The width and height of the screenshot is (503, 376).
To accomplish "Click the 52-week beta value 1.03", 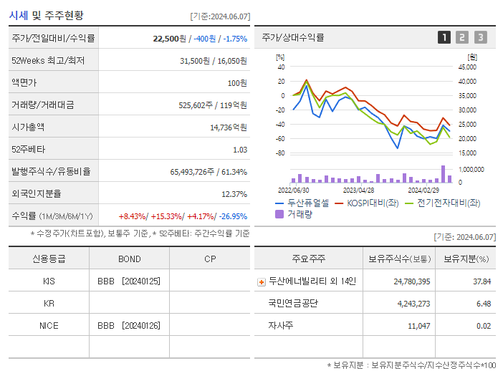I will coord(240,150).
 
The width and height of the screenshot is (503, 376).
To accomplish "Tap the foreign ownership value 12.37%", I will coord(234,193).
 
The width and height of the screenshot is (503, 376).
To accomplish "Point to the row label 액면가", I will coord(24,82).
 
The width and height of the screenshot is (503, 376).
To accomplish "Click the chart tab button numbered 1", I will coord(444,37).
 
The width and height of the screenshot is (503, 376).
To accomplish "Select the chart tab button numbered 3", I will coord(480,37).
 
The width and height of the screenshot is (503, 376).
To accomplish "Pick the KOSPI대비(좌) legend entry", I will coord(373,203).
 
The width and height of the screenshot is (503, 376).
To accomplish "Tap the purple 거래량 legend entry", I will coord(299,213).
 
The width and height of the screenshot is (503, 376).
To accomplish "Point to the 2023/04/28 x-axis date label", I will coord(358,191).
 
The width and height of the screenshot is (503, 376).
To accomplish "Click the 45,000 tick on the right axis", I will coord(466,67).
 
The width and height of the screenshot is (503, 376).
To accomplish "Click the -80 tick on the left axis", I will coord(280,153).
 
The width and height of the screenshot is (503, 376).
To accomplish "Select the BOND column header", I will coord(130,259).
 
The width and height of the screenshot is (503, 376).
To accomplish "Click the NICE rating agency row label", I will coord(49,325).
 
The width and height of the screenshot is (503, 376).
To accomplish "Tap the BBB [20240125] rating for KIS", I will coord(128,281).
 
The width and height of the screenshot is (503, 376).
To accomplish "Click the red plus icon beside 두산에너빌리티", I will coord(261,281).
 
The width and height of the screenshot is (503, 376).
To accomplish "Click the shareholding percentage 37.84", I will coord(482,281).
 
